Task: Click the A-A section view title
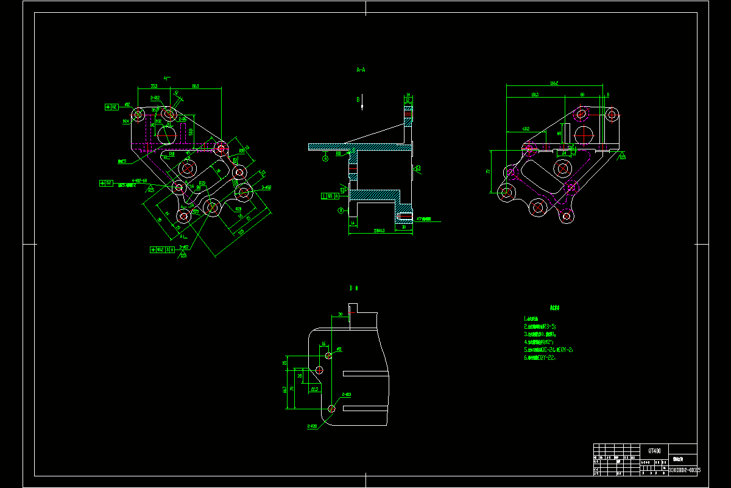point(361,70)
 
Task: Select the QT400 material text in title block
point(654,450)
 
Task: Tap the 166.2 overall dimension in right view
point(554,82)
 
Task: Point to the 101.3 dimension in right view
point(534,95)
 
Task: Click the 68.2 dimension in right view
point(525,129)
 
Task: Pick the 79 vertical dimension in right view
point(488,171)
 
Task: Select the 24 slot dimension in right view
point(564,153)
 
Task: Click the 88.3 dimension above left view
point(195,86)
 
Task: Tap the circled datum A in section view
point(325,158)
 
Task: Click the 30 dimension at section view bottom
point(404,226)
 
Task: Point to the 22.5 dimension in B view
point(314,388)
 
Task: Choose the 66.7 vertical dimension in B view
point(285,389)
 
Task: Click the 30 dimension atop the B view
point(341,314)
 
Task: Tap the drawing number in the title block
point(684,470)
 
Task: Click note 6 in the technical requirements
point(539,358)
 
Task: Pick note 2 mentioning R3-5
point(540,326)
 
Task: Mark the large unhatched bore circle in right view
point(584,134)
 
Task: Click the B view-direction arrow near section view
point(362,104)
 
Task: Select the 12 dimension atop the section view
point(408,101)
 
